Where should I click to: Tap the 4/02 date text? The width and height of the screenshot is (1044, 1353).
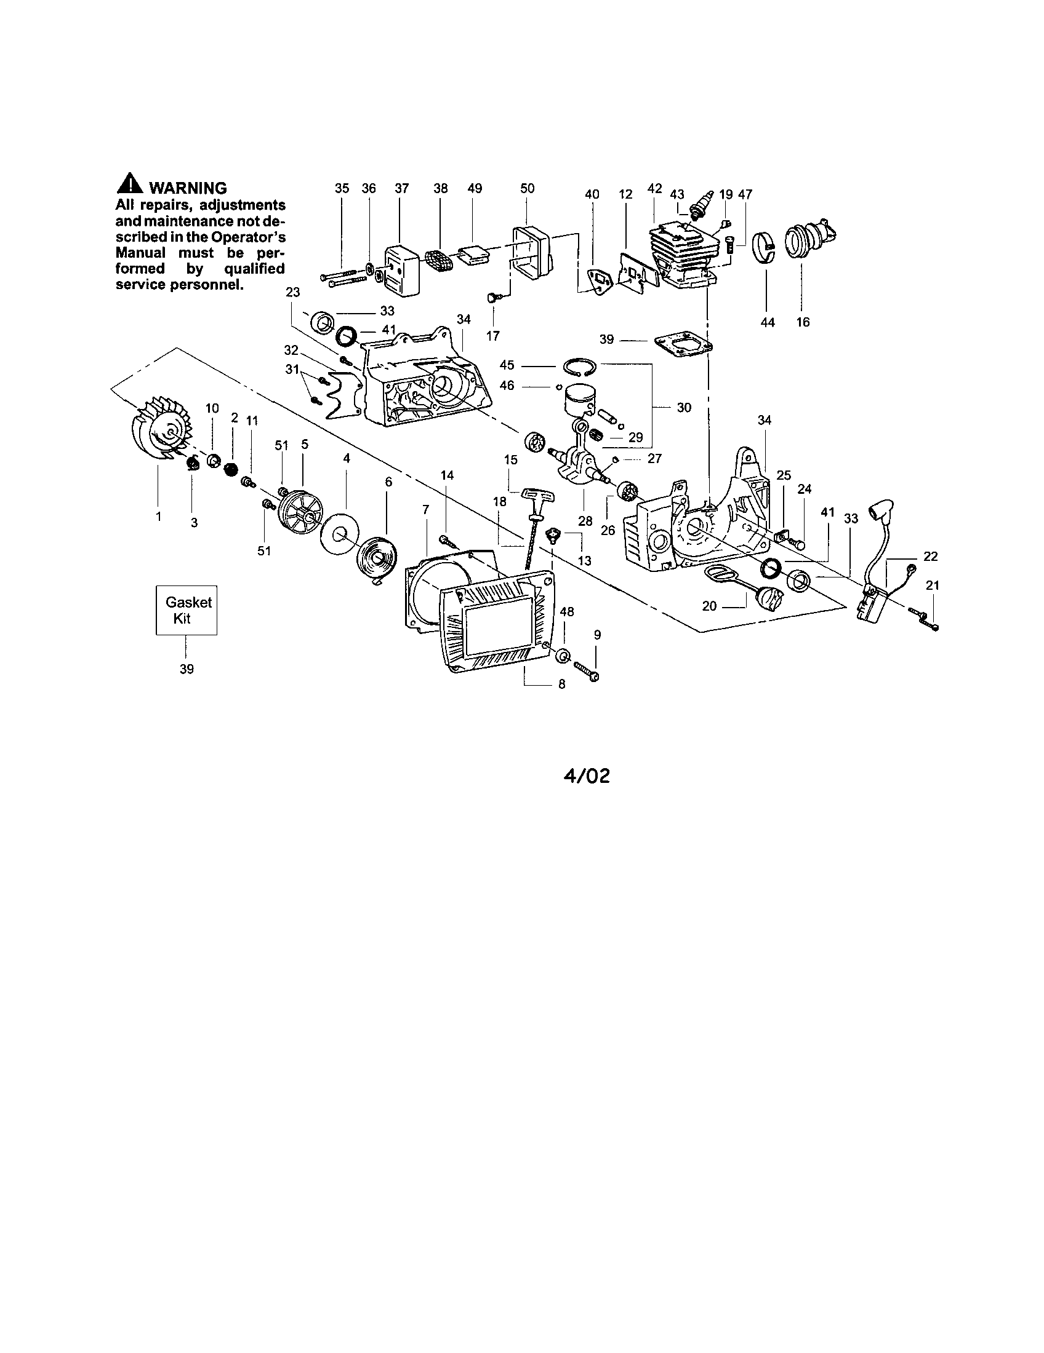pos(586,776)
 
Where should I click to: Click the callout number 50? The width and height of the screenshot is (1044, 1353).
pos(528,188)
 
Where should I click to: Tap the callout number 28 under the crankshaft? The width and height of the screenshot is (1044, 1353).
pos(585,521)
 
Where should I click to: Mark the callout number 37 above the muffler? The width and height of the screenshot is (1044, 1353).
pos(402,188)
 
